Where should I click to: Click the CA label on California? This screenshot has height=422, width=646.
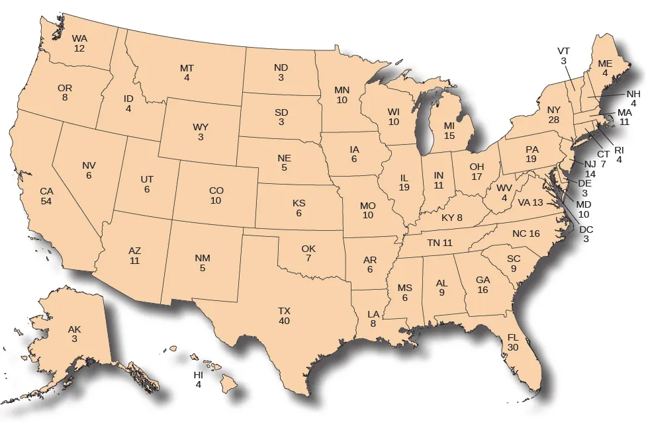coord(46,191)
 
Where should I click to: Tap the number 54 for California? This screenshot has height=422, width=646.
coord(46,200)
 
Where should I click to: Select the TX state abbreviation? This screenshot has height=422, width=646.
coord(284,311)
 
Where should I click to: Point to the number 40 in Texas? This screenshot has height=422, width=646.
coord(284,321)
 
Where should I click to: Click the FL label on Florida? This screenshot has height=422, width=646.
coord(513,337)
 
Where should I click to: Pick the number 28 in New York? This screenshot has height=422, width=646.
coord(554,119)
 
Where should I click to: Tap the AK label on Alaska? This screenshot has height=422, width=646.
coord(75,329)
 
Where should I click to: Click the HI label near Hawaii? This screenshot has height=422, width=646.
coord(198,375)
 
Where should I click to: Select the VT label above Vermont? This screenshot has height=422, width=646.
coord(563,51)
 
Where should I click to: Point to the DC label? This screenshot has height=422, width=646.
coord(586,230)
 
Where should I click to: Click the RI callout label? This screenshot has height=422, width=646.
coord(620,149)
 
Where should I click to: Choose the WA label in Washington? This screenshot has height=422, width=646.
coord(79,38)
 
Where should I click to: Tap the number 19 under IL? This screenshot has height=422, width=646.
coord(404,187)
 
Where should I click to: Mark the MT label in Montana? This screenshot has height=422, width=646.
coord(187,68)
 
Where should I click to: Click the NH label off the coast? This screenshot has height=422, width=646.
coord(633,94)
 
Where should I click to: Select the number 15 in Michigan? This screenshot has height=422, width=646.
coord(449,135)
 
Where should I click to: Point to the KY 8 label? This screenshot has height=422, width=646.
coord(452,217)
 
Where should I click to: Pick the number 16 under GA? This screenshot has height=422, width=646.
coord(483,289)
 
